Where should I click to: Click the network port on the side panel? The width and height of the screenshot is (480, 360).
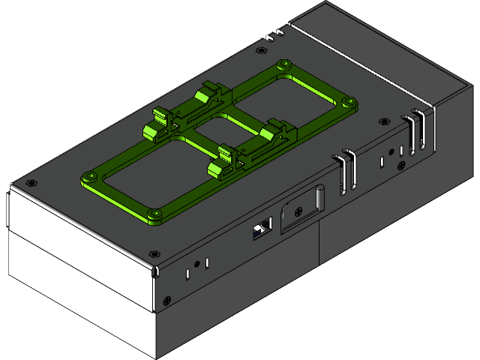262,228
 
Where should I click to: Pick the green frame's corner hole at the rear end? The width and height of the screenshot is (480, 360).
283,65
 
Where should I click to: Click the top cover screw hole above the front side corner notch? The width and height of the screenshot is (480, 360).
154,253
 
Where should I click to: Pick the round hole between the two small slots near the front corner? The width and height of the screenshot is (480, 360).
196,264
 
